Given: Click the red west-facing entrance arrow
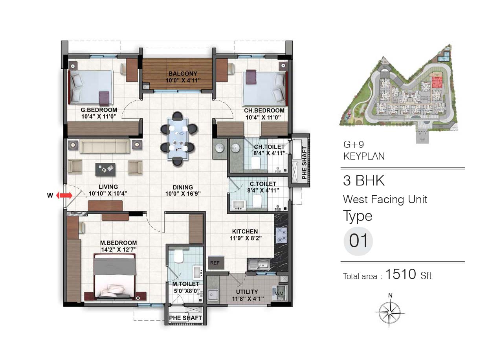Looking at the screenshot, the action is point(64,195).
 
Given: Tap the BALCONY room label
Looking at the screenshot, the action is point(183,73).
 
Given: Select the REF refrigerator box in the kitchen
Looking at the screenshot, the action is point(216,263).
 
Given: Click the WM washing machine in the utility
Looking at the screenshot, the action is point(279,293).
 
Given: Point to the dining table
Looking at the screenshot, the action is point(178,139).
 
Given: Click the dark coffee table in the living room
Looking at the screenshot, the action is point(105,170).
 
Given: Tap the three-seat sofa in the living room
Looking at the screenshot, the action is point(105,146).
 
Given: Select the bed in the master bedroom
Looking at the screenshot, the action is point(115,277).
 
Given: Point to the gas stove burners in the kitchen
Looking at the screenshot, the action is point(281,235).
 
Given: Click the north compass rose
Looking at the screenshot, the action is point(390,312).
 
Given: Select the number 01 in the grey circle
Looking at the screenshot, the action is point(358,241).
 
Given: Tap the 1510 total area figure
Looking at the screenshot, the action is point(401,274).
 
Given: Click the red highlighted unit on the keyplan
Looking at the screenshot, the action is point(437,82).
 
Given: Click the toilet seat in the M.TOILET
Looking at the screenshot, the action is point(179,256).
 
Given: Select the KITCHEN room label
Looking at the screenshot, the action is point(245,231).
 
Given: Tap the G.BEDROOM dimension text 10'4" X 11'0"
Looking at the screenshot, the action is point(99,117).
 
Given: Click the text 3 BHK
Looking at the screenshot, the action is point(364,180).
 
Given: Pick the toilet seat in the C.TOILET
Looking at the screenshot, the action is point(257,201).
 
